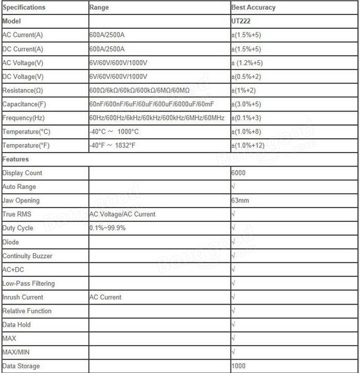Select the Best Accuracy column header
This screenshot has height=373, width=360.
click(254, 8)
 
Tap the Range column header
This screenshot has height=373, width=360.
click(99, 8)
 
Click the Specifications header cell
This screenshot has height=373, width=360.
click(24, 8)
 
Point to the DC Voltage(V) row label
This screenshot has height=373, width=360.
click(23, 77)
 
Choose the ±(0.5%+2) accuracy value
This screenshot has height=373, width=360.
click(246, 77)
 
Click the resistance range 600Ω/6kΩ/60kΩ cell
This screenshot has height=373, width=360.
click(139, 90)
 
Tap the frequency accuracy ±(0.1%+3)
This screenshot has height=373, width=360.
click(246, 118)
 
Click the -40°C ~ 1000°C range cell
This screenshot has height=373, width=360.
click(114, 132)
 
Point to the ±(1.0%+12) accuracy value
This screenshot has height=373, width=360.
click(248, 145)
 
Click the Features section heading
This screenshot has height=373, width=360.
click(15, 159)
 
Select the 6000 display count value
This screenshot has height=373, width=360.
click(239, 173)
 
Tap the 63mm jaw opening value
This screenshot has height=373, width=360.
click(240, 200)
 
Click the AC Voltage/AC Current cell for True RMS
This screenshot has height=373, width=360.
click(122, 214)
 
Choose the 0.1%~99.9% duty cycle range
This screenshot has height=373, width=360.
click(107, 228)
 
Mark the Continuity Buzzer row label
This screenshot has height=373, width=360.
click(27, 256)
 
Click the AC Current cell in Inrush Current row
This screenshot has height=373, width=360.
click(105, 297)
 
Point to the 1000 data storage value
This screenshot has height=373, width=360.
click(239, 366)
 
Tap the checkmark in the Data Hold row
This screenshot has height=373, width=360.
click(233, 325)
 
